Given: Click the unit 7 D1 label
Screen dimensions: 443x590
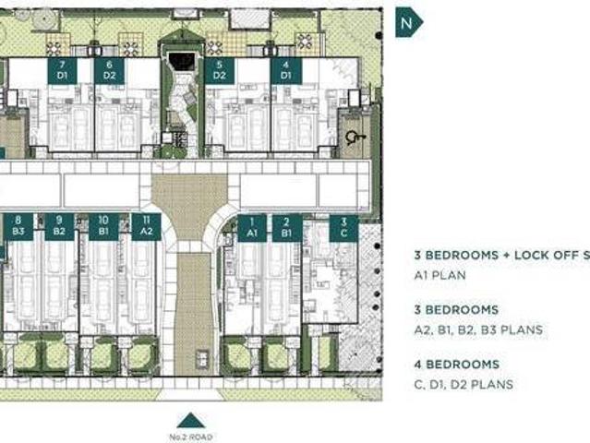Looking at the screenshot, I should pos(62,70).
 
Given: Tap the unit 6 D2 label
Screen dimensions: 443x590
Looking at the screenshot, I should pos(109,70).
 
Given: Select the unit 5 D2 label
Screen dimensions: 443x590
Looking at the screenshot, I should pos(219,70).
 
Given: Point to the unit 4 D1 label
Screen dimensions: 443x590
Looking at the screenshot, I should pos(285,70).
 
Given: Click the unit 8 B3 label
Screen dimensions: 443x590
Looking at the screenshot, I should pos(18,227).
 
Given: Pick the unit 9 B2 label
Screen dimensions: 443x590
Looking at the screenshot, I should pos(59,227).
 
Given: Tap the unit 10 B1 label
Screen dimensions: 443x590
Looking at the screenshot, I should pos(103,227).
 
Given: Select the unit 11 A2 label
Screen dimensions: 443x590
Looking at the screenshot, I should pos(147,227).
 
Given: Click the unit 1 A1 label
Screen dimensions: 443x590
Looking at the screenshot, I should pos(250,227).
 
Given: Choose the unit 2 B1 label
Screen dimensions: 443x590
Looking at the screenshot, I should pos(288,227).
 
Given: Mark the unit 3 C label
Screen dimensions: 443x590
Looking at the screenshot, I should pos(343,227).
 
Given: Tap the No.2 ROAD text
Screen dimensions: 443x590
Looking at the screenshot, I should pos(189,436).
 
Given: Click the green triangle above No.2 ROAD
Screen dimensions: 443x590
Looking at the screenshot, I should pos(189,419).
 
